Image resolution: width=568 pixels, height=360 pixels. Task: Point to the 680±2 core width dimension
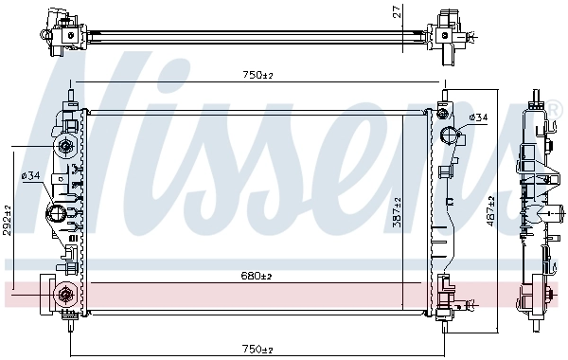click(256, 276)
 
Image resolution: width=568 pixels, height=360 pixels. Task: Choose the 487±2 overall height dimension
click(489, 210)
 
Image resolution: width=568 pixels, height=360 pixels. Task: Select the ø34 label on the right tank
click(478, 117)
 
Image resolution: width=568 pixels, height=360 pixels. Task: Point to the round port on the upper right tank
click(451, 134)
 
